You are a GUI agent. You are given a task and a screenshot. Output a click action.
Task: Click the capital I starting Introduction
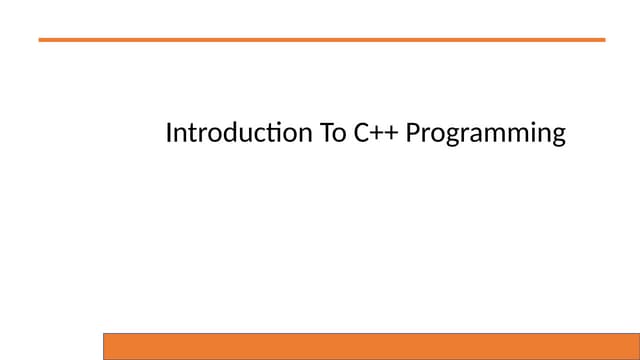(169, 133)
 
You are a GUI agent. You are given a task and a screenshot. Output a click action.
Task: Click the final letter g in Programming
(559, 136)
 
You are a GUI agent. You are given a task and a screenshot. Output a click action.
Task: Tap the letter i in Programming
(531, 133)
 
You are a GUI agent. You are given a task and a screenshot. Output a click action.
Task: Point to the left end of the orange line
(41, 39)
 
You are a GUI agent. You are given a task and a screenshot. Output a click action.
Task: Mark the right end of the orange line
(603, 39)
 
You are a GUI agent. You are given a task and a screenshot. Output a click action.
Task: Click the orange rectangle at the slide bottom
(371, 346)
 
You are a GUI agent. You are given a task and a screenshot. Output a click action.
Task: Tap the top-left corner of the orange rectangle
(105, 334)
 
